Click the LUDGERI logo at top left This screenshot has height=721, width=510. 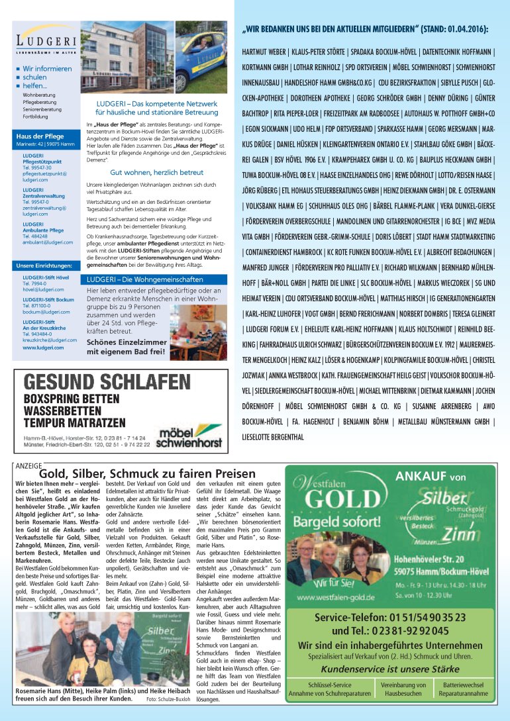44,43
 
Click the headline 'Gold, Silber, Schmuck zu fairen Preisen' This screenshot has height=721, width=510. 138,474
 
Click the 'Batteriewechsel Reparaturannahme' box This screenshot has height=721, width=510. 463,689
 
